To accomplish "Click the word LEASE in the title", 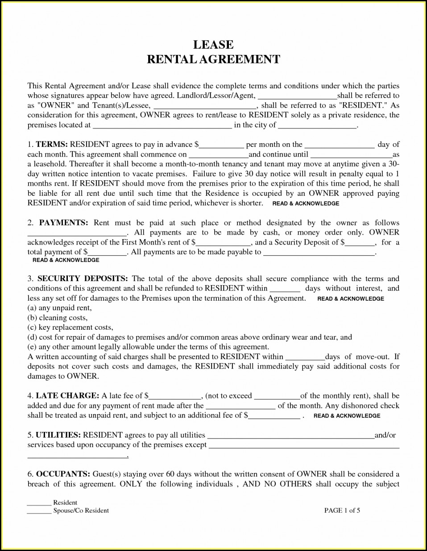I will [x=213, y=45].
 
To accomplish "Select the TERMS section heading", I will [x=52, y=145].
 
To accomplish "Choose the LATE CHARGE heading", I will [x=67, y=396].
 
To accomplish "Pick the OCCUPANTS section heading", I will [x=63, y=474].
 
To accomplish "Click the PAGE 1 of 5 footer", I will [x=342, y=510].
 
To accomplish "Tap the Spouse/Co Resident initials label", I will [x=81, y=510].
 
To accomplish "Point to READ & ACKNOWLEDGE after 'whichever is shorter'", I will [x=306, y=203].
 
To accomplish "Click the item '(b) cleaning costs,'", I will [x=58, y=318].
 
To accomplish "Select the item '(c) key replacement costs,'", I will [x=70, y=327].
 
